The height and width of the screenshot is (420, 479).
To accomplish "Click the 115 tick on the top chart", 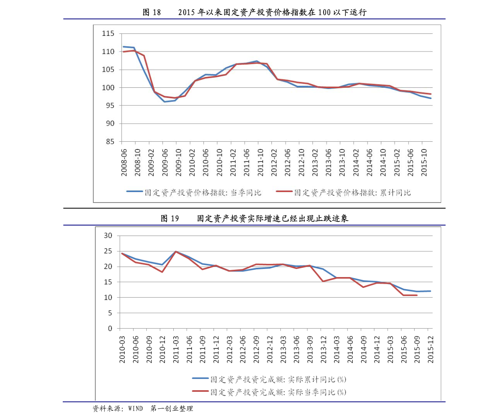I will pyautogui.click(x=108, y=34).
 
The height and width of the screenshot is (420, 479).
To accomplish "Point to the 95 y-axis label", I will pyautogui.click(x=110, y=106).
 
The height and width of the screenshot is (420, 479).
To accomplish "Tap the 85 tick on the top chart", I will pyautogui.click(x=110, y=142).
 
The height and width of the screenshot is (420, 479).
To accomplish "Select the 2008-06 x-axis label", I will pyautogui.click(x=124, y=162).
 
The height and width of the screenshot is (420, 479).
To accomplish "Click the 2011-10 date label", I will pyautogui.click(x=260, y=162).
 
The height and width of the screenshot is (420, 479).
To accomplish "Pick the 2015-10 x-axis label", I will pyautogui.click(x=424, y=162).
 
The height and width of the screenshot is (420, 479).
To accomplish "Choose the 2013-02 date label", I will pyautogui.click(x=315, y=162).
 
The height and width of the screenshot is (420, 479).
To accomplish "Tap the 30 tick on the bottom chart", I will pyautogui.click(x=108, y=236).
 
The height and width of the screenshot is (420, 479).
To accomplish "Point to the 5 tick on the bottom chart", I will pyautogui.click(x=110, y=313).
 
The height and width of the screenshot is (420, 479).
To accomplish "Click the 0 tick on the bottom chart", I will pyautogui.click(x=110, y=329).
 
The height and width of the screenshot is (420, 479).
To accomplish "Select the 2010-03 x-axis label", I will pyautogui.click(x=122, y=349).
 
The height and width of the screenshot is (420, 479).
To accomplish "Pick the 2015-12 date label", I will pyautogui.click(x=431, y=349).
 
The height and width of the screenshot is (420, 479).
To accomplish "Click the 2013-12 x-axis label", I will pyautogui.click(x=323, y=349).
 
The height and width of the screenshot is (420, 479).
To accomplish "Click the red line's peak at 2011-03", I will pyautogui.click(x=176, y=252).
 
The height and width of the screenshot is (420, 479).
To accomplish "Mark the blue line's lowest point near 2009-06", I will pyautogui.click(x=164, y=101).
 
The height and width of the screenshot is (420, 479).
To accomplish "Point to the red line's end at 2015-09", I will pyautogui.click(x=417, y=295).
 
